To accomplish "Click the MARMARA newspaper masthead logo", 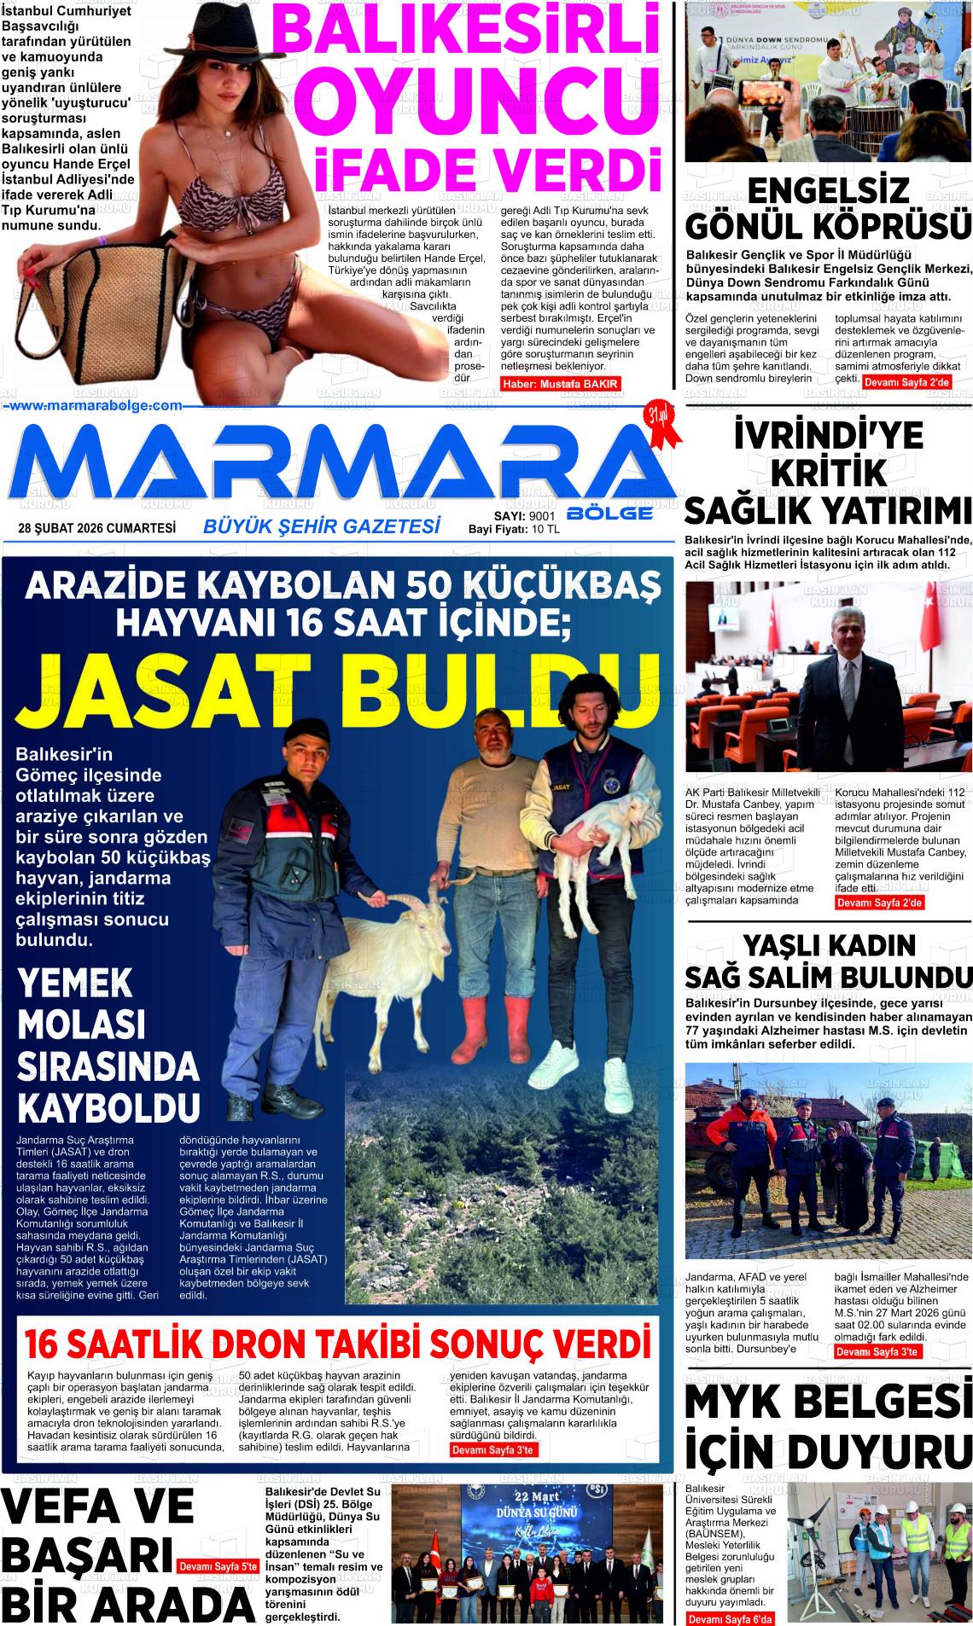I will pos(341,465).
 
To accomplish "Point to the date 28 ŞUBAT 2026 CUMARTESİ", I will pos(96,529).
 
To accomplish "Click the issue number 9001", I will pos(542,517).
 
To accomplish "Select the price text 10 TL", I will pos(545,530).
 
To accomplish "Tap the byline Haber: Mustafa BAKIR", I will pos(560,384).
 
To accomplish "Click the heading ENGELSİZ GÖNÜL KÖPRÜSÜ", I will pos(828,209).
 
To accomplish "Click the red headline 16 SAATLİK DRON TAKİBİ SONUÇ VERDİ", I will pos(338,1343).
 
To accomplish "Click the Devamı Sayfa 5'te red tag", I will pos(218,1566).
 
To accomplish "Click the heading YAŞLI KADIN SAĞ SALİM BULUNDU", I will pos(828,960).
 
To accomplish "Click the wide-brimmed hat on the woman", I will pos(192,21).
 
